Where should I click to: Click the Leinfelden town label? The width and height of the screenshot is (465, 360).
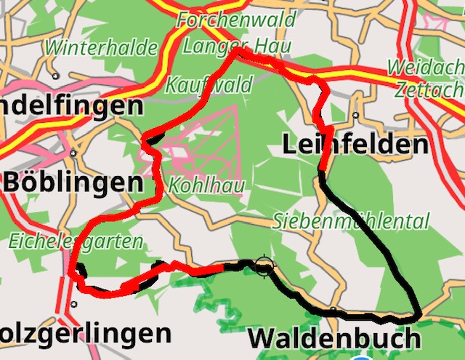[355, 145]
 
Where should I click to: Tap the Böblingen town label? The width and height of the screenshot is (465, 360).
[73, 183]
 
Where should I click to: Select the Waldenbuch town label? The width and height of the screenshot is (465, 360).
[333, 339]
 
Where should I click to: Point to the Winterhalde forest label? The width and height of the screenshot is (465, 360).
[101, 49]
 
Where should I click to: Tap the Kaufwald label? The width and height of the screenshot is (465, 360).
[209, 84]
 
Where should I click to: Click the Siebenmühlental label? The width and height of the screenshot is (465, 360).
[351, 221]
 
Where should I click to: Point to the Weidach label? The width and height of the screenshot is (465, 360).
[425, 68]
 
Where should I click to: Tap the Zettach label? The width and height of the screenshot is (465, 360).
[429, 89]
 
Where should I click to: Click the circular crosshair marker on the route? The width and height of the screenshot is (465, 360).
[263, 266]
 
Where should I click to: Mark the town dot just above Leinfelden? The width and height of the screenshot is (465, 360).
[355, 116]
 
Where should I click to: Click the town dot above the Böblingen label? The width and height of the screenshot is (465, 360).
[73, 153]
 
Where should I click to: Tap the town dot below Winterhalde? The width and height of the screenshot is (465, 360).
[56, 76]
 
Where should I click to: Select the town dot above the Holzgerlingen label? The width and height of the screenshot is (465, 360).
[73, 305]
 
